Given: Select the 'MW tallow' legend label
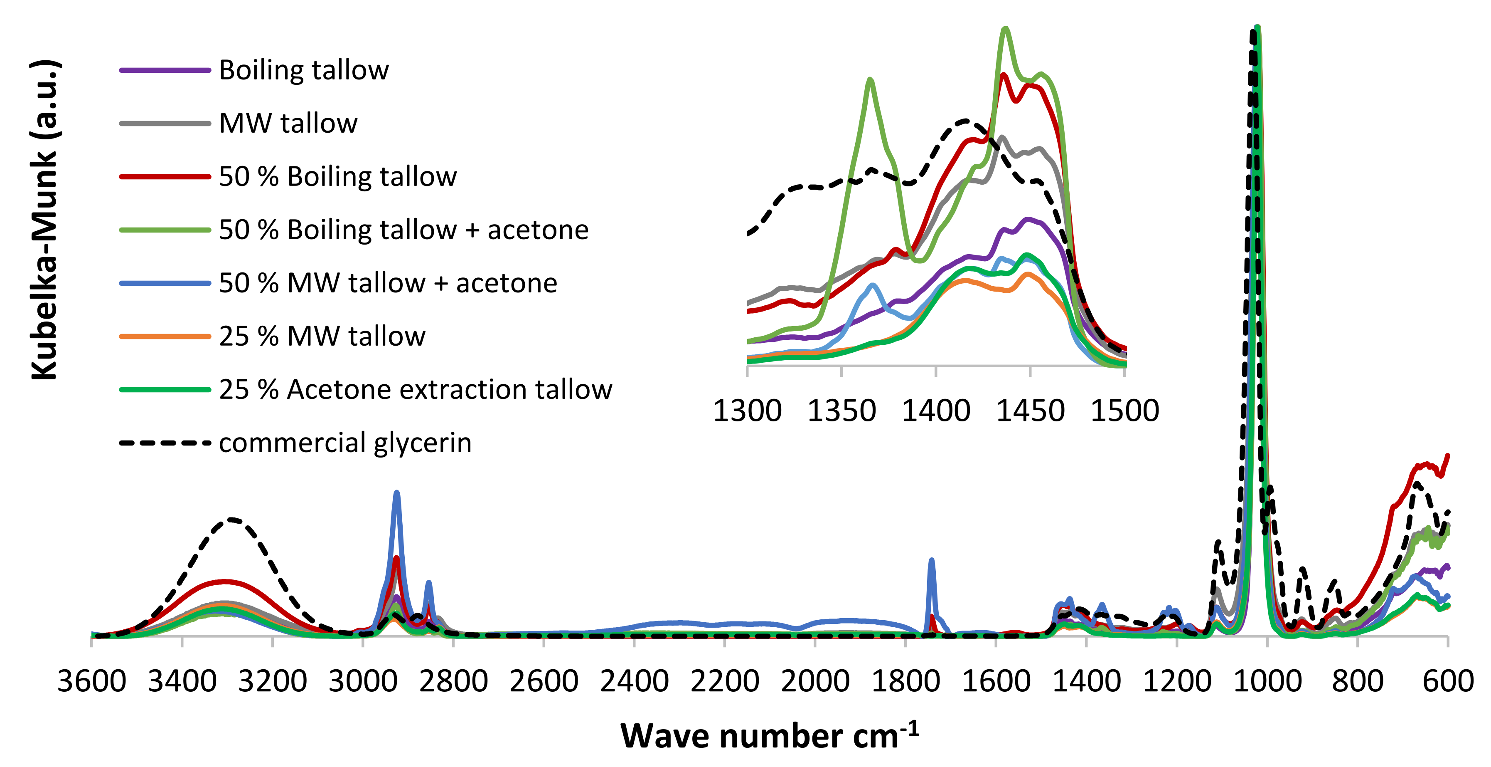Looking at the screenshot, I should tap(288, 124).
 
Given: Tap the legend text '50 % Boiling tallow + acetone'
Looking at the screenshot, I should tap(404, 230).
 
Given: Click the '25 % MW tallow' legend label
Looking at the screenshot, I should tap(322, 336).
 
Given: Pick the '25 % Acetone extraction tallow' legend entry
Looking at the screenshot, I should tap(415, 390).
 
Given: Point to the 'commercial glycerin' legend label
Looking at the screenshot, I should tap(345, 443).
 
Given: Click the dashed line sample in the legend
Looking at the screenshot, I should tap(165, 443).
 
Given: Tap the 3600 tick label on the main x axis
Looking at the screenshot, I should tap(91, 681).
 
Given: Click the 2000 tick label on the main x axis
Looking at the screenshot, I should tap(815, 681).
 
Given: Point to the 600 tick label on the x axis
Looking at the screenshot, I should tap(1448, 681).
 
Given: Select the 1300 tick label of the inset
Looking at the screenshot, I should tap(747, 411).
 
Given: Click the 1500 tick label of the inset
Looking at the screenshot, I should tap(1124, 411).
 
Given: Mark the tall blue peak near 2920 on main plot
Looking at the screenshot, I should tap(396, 494).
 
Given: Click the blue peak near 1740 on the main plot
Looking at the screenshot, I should tap(931, 561).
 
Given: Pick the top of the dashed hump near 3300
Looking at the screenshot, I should tap(233, 519).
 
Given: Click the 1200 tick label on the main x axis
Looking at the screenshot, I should tap(1177, 681).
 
